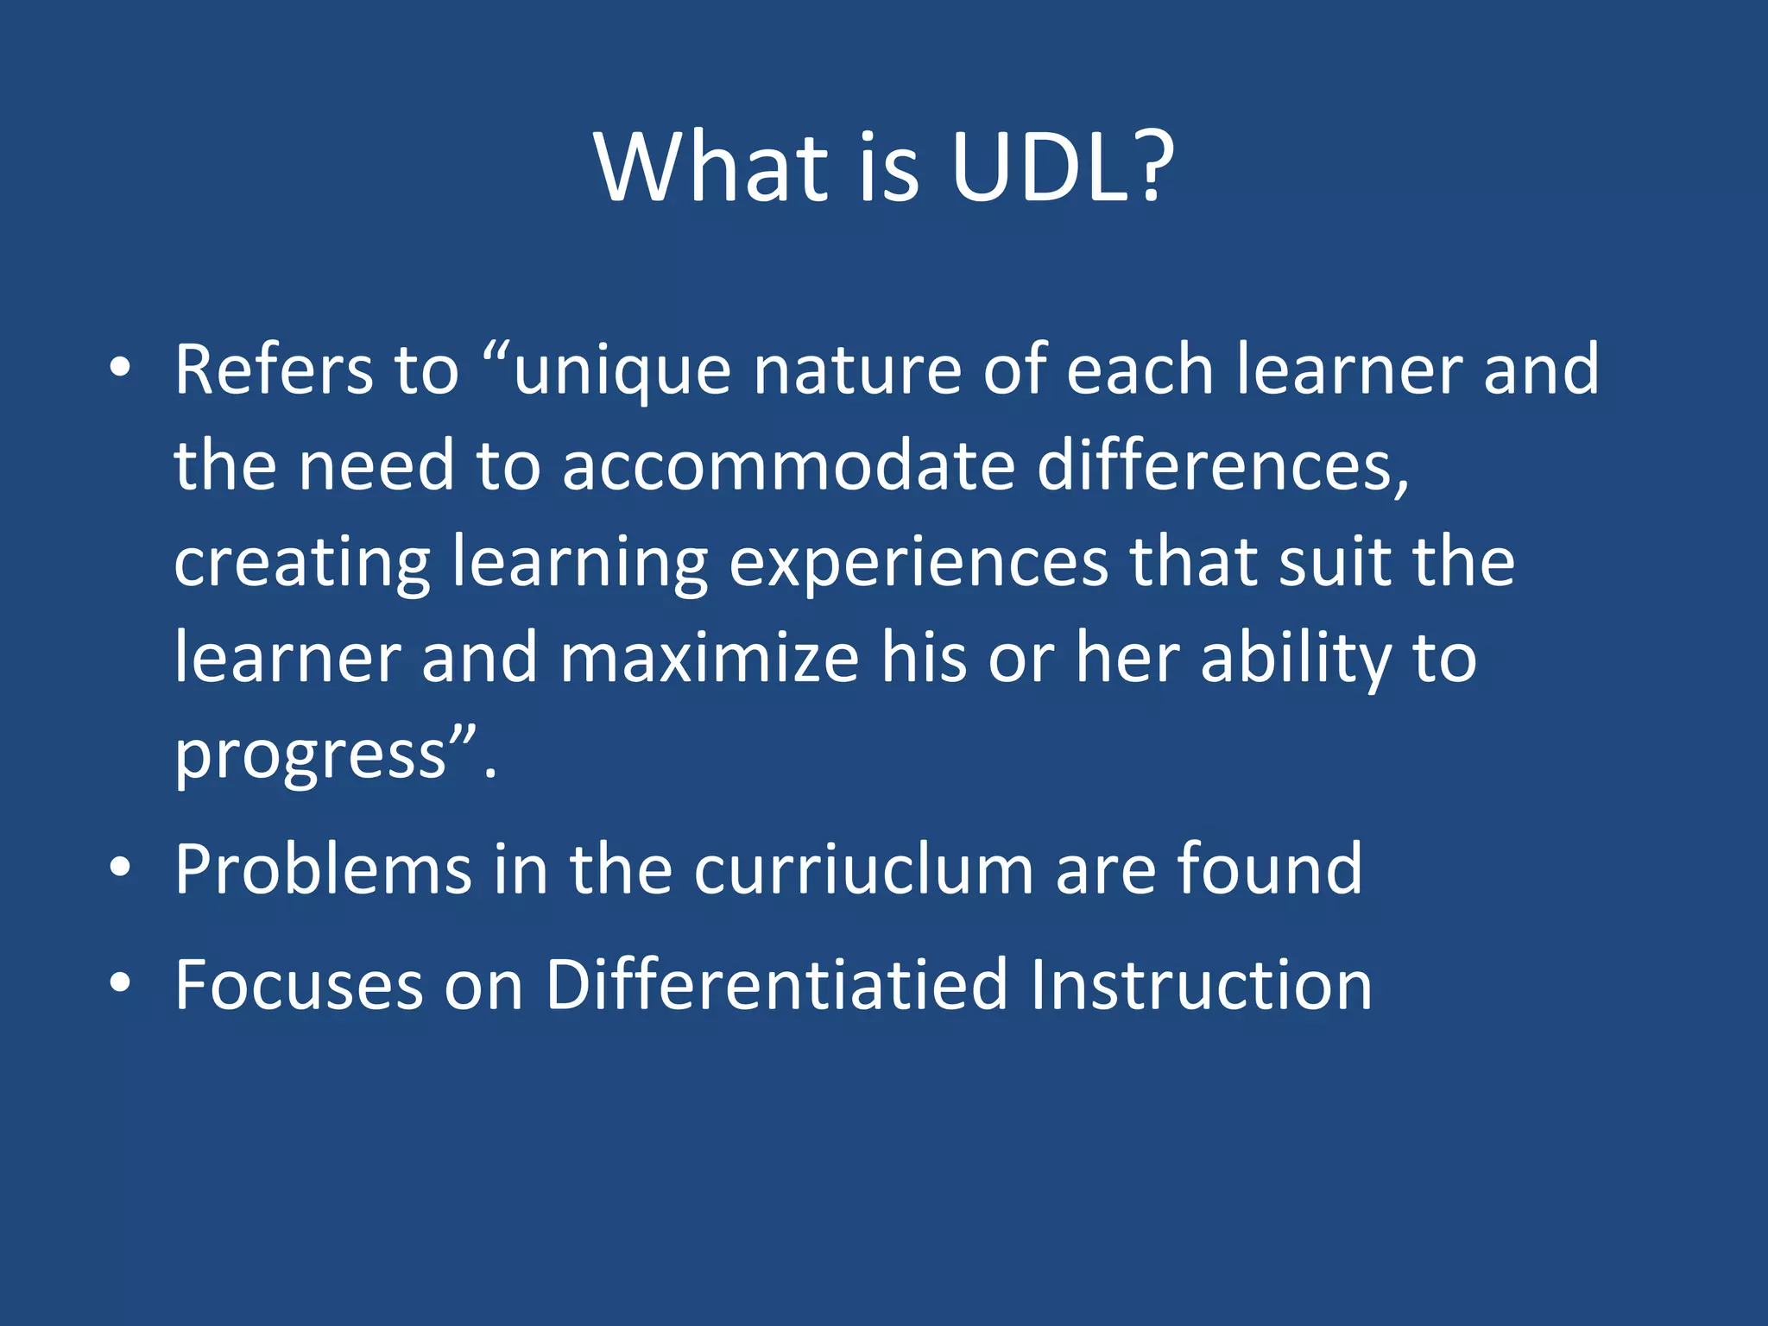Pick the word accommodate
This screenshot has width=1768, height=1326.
788,466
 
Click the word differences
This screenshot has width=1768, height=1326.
1222,466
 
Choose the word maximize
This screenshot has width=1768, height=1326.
710,659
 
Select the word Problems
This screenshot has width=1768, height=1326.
323,869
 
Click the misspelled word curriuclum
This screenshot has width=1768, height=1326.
863,869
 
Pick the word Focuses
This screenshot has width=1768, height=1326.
299,985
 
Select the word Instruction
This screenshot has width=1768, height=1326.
1201,985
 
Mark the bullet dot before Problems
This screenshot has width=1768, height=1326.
120,867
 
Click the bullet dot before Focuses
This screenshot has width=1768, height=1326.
120,982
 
